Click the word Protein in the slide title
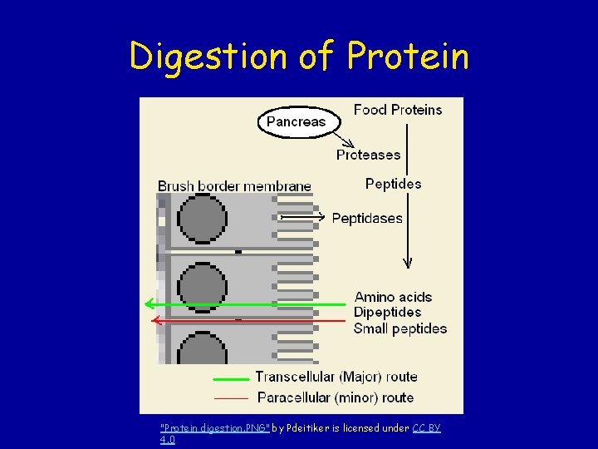[408, 57]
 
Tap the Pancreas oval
[297, 121]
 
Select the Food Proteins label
[398, 110]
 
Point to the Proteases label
[368, 155]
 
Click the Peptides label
[393, 184]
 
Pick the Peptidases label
[367, 219]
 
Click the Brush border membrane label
[235, 185]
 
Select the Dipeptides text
[387, 313]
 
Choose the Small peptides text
[399, 328]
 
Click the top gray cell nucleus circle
[203, 218]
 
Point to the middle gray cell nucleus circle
[203, 286]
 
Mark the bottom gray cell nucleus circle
[203, 349]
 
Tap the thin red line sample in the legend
[230, 398]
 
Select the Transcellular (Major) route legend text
[336, 377]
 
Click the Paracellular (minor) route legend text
[336, 397]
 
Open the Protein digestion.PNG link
[214, 428]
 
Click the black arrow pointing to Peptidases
[303, 217]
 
